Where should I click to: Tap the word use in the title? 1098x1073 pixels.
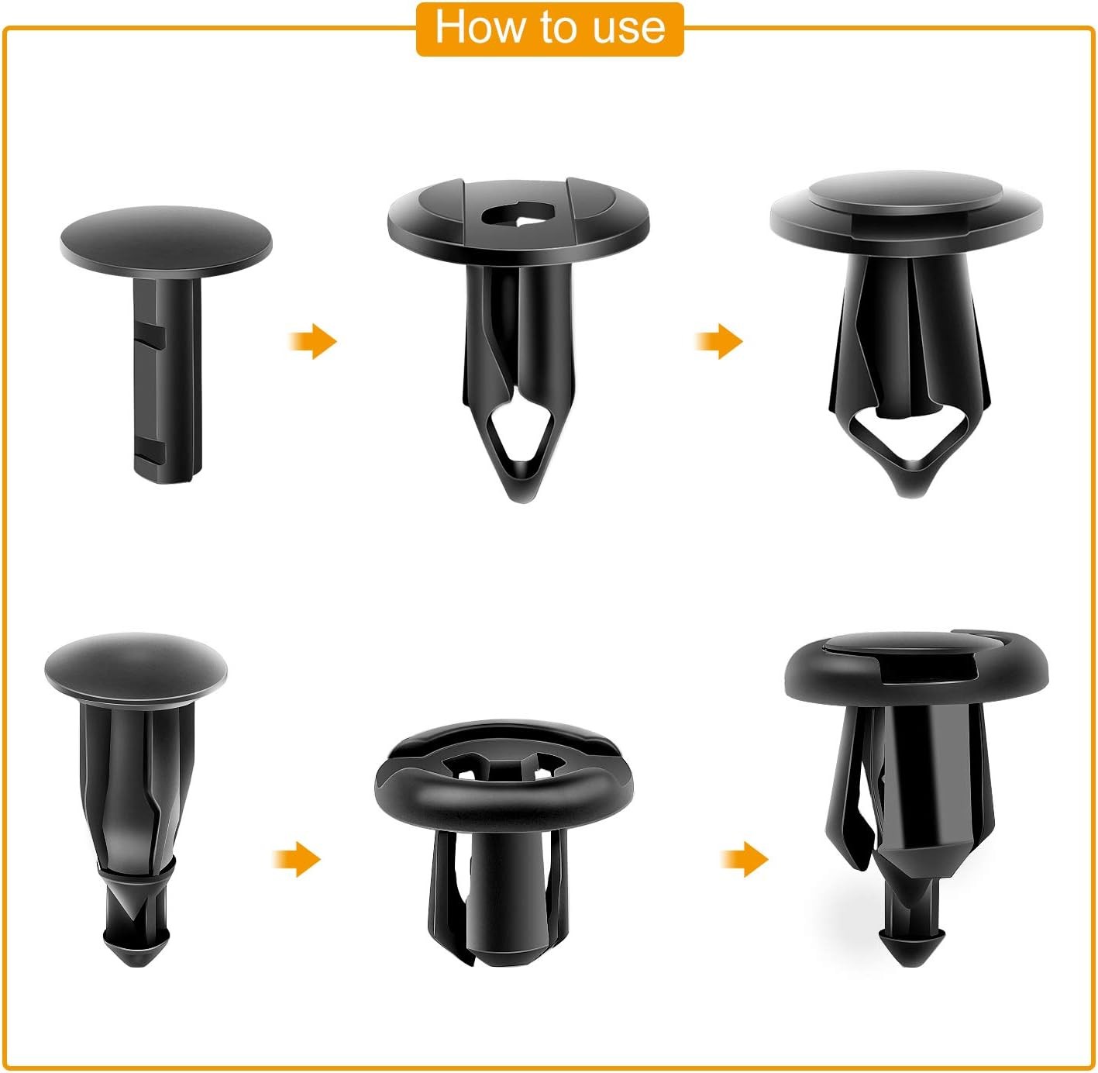tap(629, 28)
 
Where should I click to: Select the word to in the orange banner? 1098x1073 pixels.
tap(556, 28)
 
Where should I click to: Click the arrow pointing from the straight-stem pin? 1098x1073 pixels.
tap(313, 341)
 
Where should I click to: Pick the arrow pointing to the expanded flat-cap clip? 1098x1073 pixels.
tap(719, 341)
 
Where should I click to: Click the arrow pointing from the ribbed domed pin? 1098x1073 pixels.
tap(297, 860)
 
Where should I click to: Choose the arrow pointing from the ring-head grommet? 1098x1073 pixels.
tap(745, 859)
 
